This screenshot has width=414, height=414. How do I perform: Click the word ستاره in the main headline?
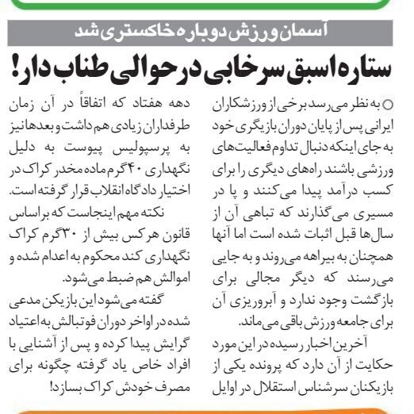[366, 68]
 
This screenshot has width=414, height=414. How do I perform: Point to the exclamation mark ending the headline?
[18, 68]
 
